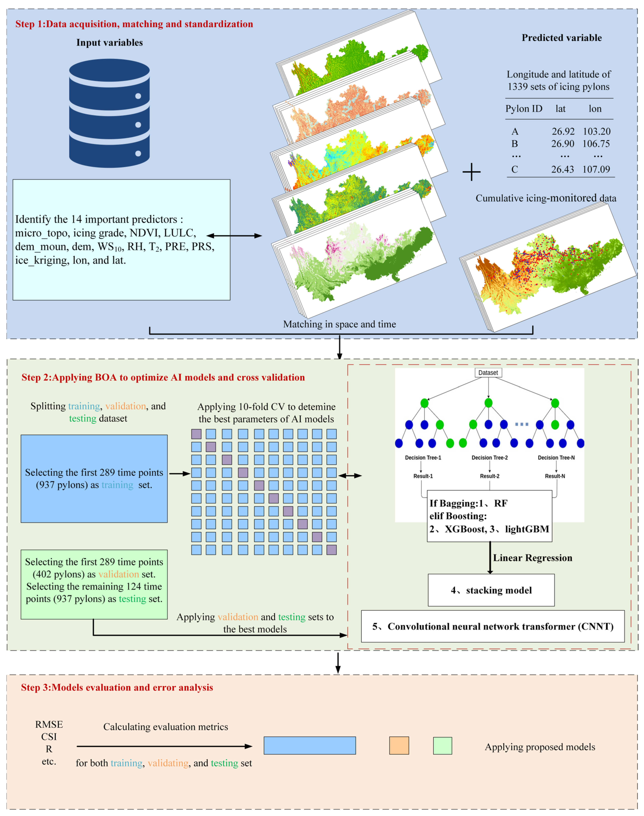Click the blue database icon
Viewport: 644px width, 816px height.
(x=109, y=113)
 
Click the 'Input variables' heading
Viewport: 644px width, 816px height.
(x=109, y=43)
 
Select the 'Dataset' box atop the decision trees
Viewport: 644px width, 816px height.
(x=488, y=373)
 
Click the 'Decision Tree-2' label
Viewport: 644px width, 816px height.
(x=489, y=457)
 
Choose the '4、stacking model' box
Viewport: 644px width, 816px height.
(x=491, y=590)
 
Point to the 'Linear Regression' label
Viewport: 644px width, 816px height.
(x=532, y=558)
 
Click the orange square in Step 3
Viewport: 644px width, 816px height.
(x=399, y=746)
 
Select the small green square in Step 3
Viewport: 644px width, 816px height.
(x=442, y=746)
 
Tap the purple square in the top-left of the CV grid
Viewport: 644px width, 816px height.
(x=196, y=434)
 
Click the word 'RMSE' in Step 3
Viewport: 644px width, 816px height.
(x=49, y=724)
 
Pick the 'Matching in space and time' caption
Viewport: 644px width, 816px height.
(x=339, y=324)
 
